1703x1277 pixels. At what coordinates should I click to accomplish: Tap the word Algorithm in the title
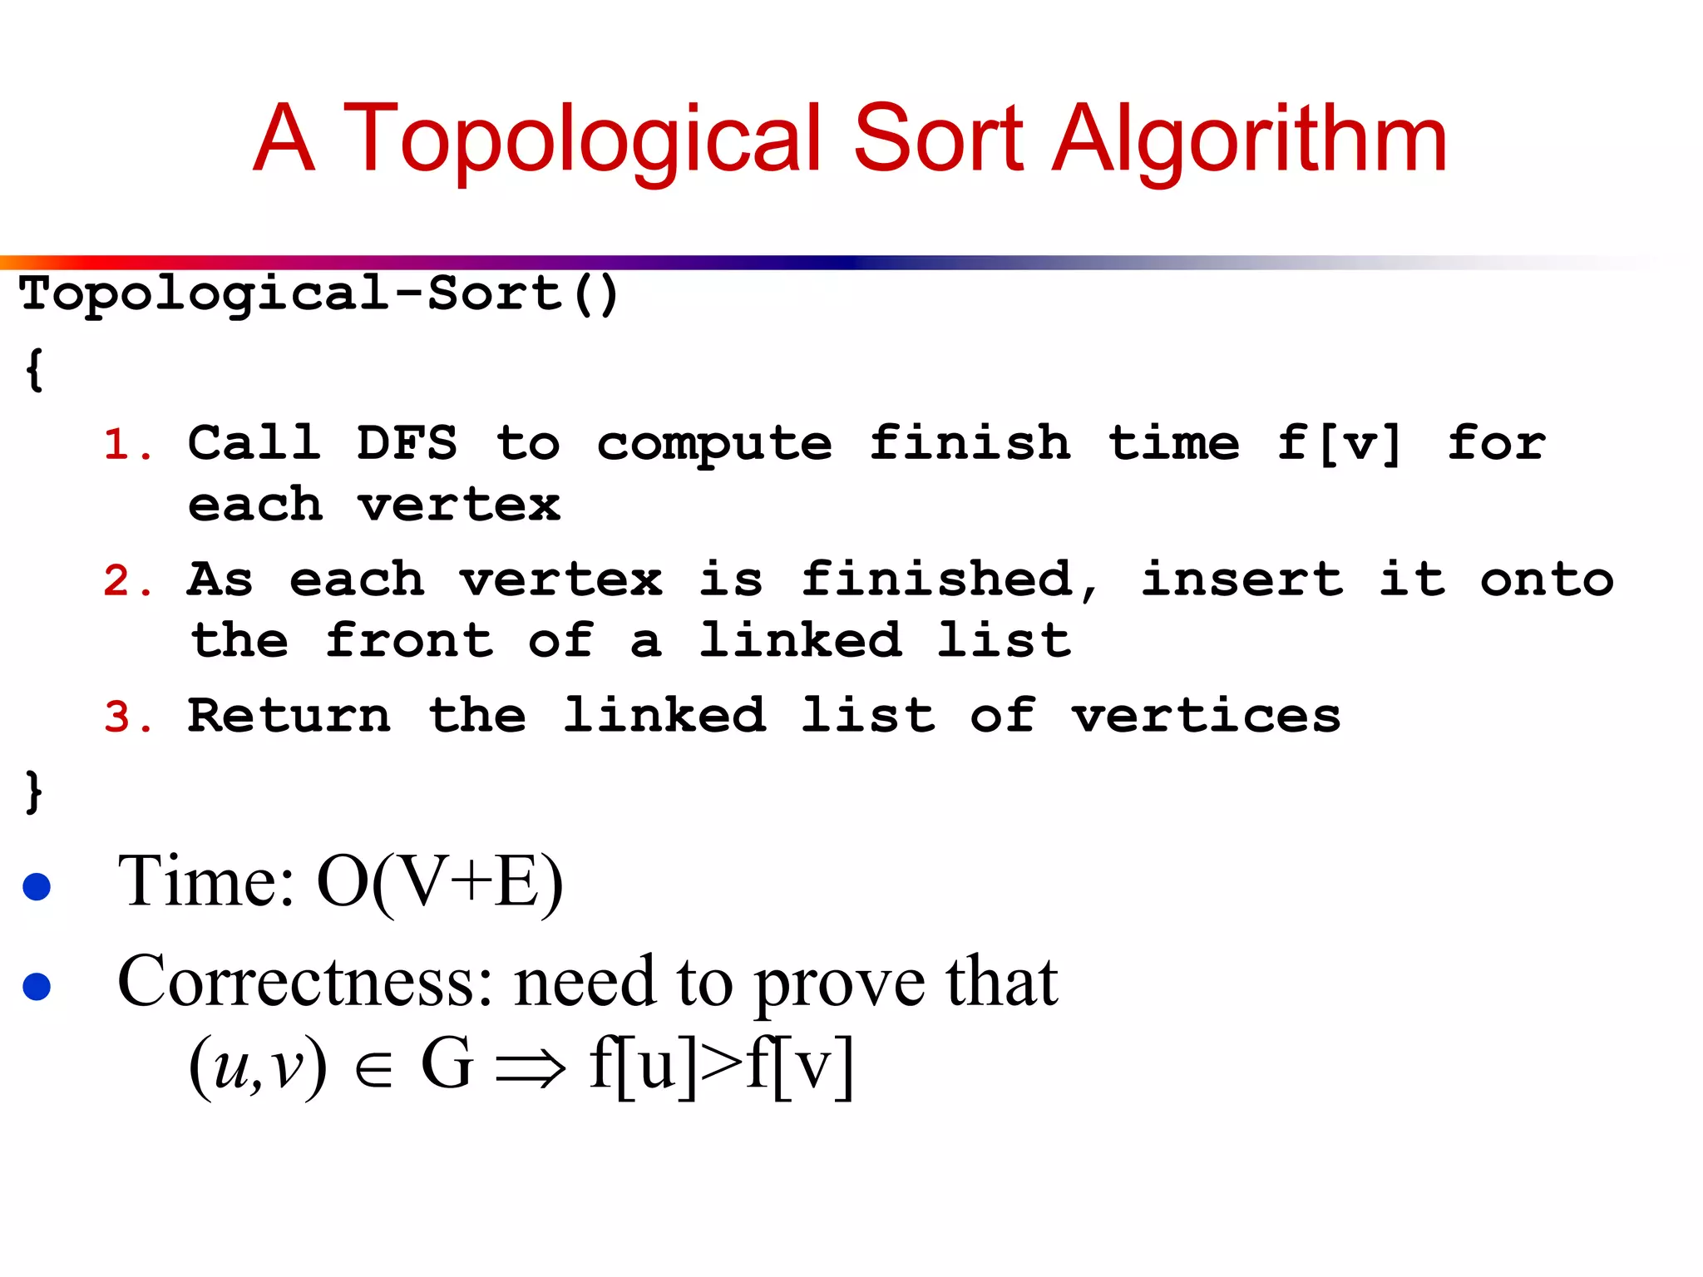(x=1250, y=138)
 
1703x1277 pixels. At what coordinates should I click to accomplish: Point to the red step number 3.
(x=126, y=717)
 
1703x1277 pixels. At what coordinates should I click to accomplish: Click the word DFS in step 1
(x=407, y=442)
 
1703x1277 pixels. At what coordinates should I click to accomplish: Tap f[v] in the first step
(x=1340, y=442)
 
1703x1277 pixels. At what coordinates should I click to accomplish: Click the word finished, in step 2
(x=949, y=579)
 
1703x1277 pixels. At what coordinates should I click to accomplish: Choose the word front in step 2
(x=409, y=640)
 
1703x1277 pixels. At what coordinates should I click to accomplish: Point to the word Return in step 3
(x=289, y=715)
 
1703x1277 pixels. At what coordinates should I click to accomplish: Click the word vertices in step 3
(x=1206, y=715)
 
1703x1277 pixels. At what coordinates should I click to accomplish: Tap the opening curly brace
(x=34, y=369)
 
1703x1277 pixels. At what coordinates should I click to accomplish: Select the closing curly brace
(x=34, y=791)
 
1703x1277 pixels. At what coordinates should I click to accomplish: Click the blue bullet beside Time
(x=37, y=886)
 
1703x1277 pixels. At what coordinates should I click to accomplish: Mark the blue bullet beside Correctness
(x=37, y=986)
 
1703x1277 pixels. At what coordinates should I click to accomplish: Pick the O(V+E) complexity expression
(x=440, y=883)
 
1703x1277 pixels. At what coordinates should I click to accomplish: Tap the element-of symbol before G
(x=373, y=1070)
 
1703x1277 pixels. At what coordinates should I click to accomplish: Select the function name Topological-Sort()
(x=319, y=294)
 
